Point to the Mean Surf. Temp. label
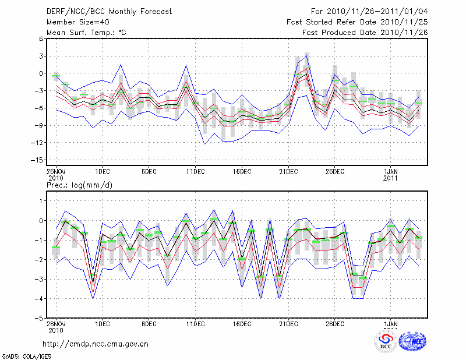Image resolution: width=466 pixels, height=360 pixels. pos(86,33)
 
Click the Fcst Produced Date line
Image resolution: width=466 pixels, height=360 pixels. pos(365,33)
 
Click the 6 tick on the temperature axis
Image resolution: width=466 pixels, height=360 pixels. pos(40,38)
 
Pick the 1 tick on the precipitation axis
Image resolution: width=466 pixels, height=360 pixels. pos(40,201)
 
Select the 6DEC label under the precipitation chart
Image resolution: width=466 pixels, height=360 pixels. pos(149,324)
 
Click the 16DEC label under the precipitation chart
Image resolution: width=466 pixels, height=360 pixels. pos(242,324)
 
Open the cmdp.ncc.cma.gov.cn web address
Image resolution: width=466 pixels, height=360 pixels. pos(96,344)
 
